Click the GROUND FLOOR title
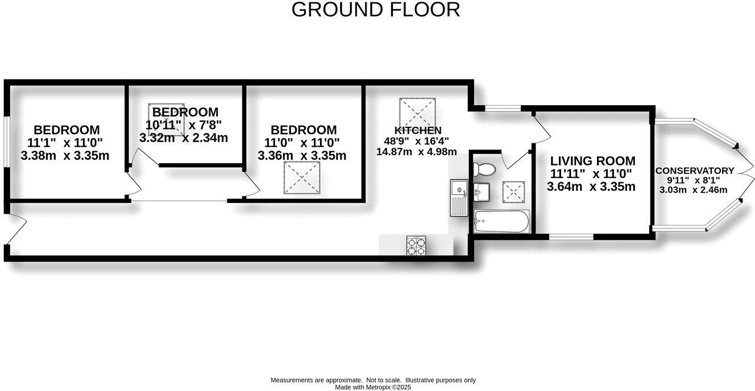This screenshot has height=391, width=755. click(x=375, y=10)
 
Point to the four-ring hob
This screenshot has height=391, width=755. click(x=415, y=245)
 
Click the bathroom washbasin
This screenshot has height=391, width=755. click(x=482, y=191)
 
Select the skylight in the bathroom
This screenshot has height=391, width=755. click(x=515, y=190)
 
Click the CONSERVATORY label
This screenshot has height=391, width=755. click(x=694, y=170)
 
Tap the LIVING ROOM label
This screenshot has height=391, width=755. click(x=592, y=161)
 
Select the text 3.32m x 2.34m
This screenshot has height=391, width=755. click(x=184, y=138)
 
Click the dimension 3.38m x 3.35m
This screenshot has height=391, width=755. click(x=65, y=155)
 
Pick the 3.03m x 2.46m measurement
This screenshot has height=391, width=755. click(x=693, y=190)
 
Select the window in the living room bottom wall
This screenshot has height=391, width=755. click(x=571, y=236)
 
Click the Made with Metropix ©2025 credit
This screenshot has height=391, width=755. click(x=373, y=387)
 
